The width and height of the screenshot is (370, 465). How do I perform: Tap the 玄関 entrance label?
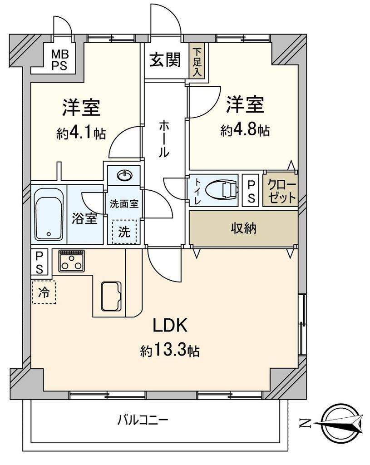pyautogui.click(x=165, y=60)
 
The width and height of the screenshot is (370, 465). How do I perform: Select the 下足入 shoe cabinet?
pyautogui.click(x=196, y=61)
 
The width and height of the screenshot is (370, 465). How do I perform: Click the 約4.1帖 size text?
pyautogui.click(x=81, y=133)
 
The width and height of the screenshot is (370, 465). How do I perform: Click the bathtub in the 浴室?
pyautogui.click(x=49, y=214)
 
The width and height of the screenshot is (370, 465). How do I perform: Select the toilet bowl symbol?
pyautogui.click(x=221, y=190)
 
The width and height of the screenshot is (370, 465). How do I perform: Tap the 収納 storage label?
pyautogui.click(x=243, y=228)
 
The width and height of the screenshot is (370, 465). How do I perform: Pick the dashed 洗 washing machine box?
pyautogui.click(x=124, y=232)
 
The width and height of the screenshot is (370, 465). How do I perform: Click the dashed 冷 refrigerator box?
pyautogui.click(x=44, y=292)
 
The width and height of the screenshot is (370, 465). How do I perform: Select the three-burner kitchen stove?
pyautogui.click(x=71, y=261)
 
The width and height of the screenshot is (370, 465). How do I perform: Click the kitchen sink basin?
pyautogui.click(x=112, y=296)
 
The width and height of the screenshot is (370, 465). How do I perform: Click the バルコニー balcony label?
pyautogui.click(x=143, y=420)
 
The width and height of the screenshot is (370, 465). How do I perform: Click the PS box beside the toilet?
pyautogui.click(x=251, y=190)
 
